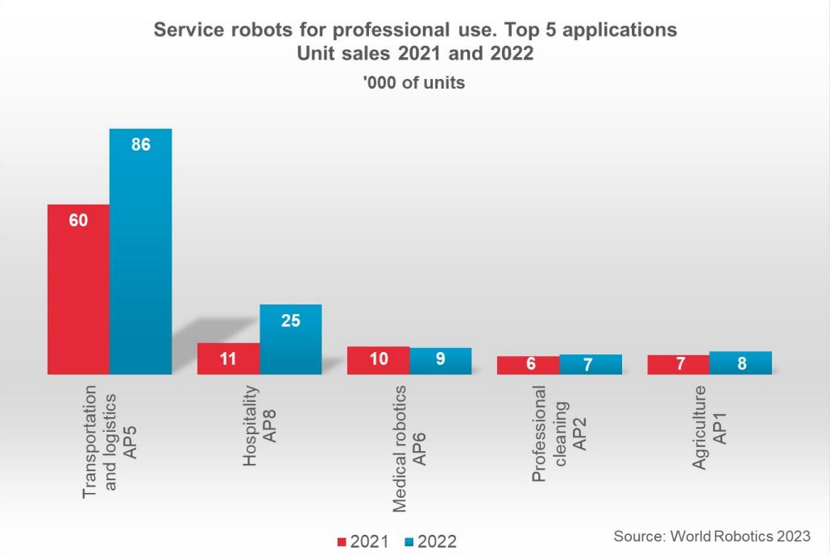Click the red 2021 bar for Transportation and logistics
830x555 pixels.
click(78, 290)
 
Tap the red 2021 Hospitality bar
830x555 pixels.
click(228, 358)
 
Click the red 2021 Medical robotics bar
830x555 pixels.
click(378, 360)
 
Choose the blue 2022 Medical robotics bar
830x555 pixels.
click(440, 361)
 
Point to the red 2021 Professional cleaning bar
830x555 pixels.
click(528, 365)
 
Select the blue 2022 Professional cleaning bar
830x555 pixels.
click(590, 364)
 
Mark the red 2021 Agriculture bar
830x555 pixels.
click(678, 364)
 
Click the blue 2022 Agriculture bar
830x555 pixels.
click(741, 362)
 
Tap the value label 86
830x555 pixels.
click(141, 145)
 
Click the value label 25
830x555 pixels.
click(291, 321)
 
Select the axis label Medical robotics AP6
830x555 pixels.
click(409, 449)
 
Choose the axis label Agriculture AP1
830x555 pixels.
click(708, 428)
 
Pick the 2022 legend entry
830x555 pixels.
click(428, 542)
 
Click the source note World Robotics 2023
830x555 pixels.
click(712, 536)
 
